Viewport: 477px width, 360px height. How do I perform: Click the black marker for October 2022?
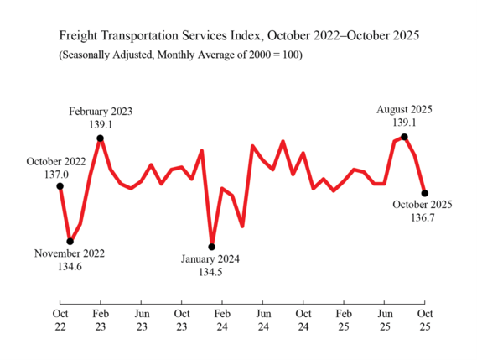pyautogui.click(x=60, y=186)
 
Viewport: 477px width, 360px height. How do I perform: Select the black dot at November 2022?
pyautogui.click(x=70, y=241)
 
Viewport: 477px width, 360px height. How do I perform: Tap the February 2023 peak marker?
pyautogui.click(x=101, y=138)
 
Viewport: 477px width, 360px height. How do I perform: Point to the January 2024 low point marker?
pyautogui.click(x=211, y=247)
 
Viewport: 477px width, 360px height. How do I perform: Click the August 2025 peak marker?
pyautogui.click(x=404, y=137)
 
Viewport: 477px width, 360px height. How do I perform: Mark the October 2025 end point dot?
pyautogui.click(x=424, y=193)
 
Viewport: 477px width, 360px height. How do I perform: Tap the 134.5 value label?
pyautogui.click(x=210, y=273)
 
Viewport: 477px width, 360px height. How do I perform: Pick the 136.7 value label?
pyautogui.click(x=423, y=218)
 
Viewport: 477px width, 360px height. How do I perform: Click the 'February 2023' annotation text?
pyautogui.click(x=101, y=111)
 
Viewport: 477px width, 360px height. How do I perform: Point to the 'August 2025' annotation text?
pyautogui.click(x=404, y=109)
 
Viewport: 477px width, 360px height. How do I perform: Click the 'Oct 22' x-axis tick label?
pyautogui.click(x=60, y=321)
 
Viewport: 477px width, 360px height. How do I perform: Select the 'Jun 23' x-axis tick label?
pyautogui.click(x=141, y=321)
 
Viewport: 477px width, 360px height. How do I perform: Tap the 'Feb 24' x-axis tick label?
pyautogui.click(x=221, y=321)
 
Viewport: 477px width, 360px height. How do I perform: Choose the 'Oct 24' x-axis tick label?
pyautogui.click(x=303, y=321)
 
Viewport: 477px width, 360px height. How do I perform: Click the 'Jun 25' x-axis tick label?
pyautogui.click(x=383, y=321)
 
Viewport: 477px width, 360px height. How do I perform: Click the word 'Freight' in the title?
pyautogui.click(x=80, y=37)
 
